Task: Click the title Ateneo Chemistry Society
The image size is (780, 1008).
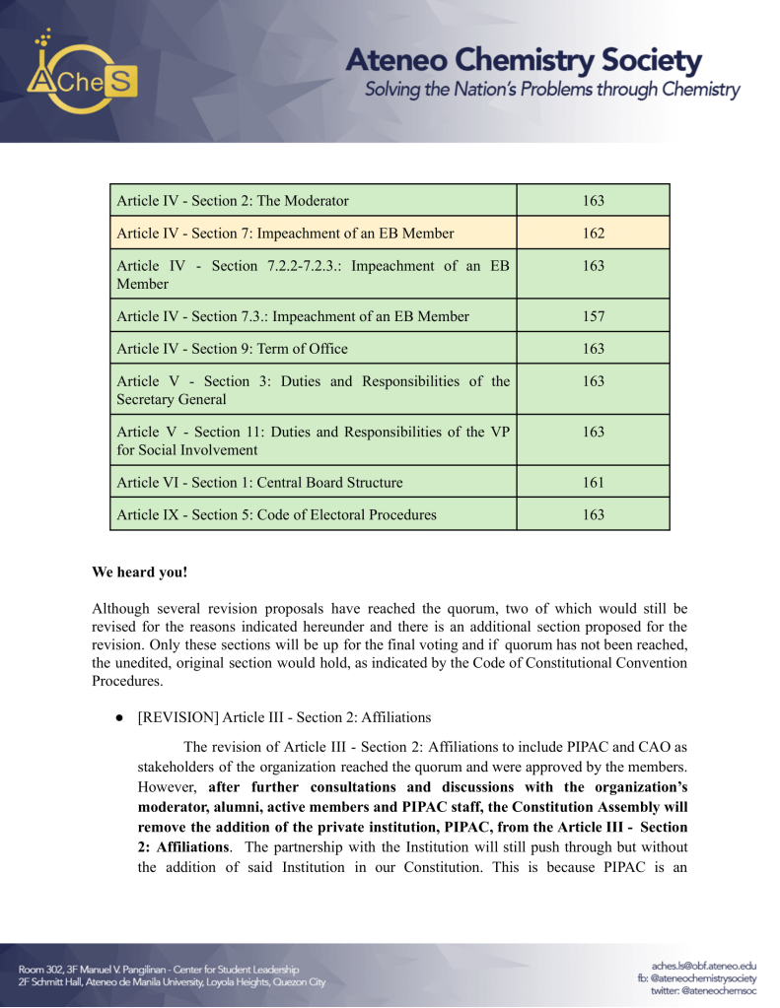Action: (x=523, y=61)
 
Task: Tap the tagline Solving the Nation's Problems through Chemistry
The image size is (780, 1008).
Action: (x=552, y=91)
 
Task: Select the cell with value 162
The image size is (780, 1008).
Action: (x=593, y=234)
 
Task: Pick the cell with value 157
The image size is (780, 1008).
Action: (x=593, y=316)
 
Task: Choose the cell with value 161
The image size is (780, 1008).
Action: (x=593, y=483)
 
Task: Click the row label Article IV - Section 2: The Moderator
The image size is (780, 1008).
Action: (x=233, y=201)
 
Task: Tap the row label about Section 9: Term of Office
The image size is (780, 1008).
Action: (x=232, y=349)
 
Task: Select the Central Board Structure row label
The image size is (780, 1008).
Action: (x=259, y=483)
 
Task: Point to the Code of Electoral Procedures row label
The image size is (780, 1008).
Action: (x=276, y=514)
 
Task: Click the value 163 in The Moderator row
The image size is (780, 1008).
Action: (x=593, y=201)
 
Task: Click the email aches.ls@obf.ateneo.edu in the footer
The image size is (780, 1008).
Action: (x=704, y=967)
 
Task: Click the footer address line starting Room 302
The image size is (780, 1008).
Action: (x=159, y=970)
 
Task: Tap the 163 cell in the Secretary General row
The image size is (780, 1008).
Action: (x=593, y=381)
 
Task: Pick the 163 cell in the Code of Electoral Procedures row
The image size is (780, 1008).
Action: (x=593, y=514)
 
